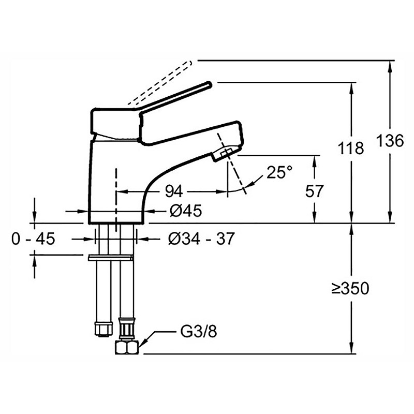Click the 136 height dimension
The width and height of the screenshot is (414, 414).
[x=390, y=140]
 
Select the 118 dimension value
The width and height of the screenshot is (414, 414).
[x=351, y=148]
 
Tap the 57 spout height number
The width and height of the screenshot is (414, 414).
[x=314, y=191]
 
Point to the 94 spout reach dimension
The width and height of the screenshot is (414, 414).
[x=174, y=191]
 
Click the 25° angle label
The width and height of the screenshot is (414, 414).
[x=279, y=172]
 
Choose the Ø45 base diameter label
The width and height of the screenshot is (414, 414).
[x=186, y=211]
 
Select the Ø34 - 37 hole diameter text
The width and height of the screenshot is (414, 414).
[x=201, y=239]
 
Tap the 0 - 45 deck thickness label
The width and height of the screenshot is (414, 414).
[x=33, y=239]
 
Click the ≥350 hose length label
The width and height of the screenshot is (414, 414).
[x=350, y=289]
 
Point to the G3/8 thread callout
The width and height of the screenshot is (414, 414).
[x=199, y=331]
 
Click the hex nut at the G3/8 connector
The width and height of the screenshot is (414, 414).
[x=127, y=347]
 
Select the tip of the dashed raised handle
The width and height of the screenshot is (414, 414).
[x=189, y=63]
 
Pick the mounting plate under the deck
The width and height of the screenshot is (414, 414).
[x=111, y=258]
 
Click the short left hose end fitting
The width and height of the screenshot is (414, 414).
[x=103, y=329]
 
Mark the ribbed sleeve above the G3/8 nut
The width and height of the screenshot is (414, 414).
[x=127, y=329]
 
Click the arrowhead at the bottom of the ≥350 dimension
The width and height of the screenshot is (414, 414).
[x=351, y=348]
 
